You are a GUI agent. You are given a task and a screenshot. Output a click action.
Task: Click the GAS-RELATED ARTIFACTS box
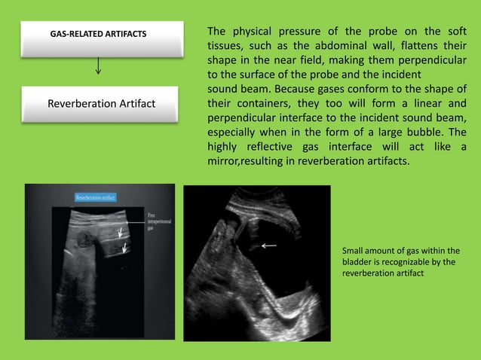pyautogui.click(x=98, y=35)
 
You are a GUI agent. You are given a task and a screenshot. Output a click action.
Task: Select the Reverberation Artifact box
pyautogui.click(x=101, y=103)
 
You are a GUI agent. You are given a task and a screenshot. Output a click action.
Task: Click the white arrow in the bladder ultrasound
pyautogui.click(x=268, y=245)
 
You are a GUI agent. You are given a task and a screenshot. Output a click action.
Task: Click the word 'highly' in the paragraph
pyautogui.click(x=224, y=147)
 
